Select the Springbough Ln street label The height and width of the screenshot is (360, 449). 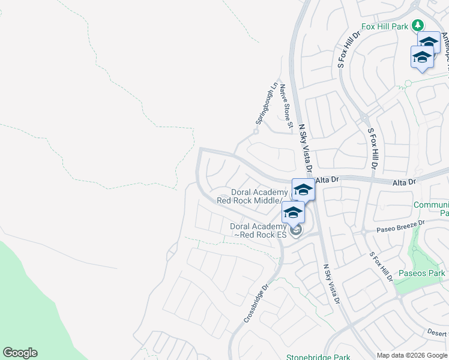click(x=267, y=104)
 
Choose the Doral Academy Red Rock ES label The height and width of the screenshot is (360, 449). click(x=258, y=230)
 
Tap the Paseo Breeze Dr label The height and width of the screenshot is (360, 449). click(x=400, y=226)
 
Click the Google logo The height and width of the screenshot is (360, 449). click(x=20, y=353)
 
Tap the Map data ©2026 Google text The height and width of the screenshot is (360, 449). click(x=411, y=355)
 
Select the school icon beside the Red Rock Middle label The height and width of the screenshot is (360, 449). click(x=303, y=190)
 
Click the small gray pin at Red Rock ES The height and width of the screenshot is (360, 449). click(x=294, y=230)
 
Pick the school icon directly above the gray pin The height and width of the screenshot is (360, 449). click(x=293, y=212)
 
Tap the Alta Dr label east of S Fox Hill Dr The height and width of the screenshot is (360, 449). click(x=403, y=181)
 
